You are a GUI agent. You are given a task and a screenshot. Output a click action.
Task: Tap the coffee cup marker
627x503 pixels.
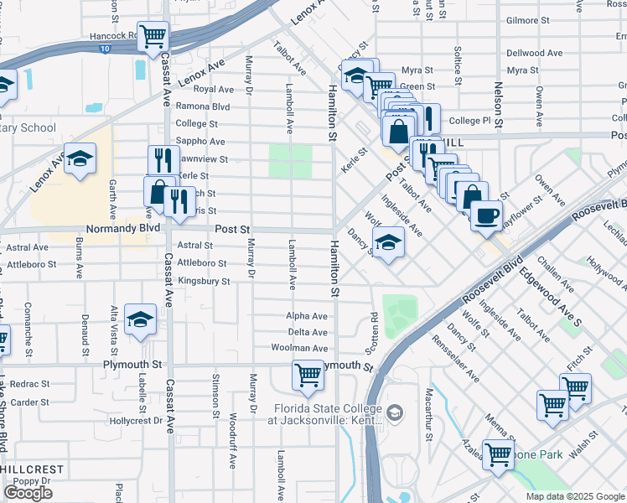pyautogui.click(x=486, y=216)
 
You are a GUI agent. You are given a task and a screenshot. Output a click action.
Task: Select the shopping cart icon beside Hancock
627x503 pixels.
pyautogui.click(x=153, y=37)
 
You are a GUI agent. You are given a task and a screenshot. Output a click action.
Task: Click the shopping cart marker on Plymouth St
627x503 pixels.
pyautogui.click(x=308, y=376)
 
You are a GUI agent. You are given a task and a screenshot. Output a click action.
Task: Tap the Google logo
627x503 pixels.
pyautogui.click(x=28, y=493)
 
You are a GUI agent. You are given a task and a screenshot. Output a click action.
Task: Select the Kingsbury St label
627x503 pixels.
pyautogui.click(x=204, y=282)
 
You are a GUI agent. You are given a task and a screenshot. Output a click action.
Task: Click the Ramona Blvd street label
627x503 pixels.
pyautogui.click(x=202, y=106)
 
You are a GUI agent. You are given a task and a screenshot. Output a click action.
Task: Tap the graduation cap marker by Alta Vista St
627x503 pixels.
pyautogui.click(x=141, y=319)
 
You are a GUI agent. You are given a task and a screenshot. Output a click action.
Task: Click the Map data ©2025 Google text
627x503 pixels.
pyautogui.click(x=575, y=496)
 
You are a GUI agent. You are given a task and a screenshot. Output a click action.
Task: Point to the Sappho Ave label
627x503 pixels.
pyautogui.click(x=199, y=142)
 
